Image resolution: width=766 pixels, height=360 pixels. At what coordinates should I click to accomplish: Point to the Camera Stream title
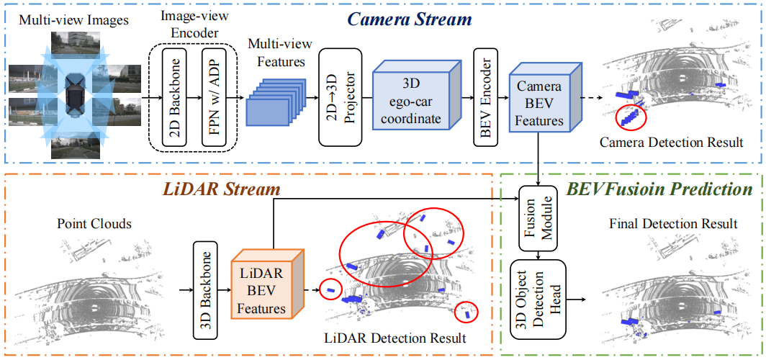[410, 19]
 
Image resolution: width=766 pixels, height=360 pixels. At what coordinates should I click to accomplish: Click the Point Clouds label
[94, 224]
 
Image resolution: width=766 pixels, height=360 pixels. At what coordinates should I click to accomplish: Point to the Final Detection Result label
[673, 224]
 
